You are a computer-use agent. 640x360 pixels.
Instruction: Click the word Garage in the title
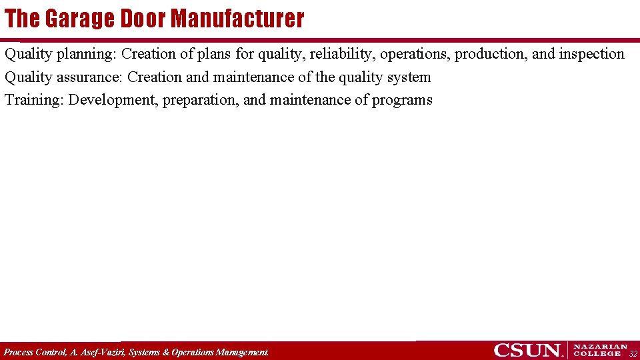81,19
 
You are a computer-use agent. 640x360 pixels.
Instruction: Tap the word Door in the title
143,19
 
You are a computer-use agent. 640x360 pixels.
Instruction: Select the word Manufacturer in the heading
237,19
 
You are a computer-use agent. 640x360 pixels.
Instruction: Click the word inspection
592,54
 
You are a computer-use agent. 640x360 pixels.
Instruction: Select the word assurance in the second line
89,77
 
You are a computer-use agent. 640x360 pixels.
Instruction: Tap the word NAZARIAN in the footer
601,347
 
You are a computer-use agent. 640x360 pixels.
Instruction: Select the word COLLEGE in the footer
597,354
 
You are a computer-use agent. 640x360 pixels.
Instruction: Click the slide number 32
633,353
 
